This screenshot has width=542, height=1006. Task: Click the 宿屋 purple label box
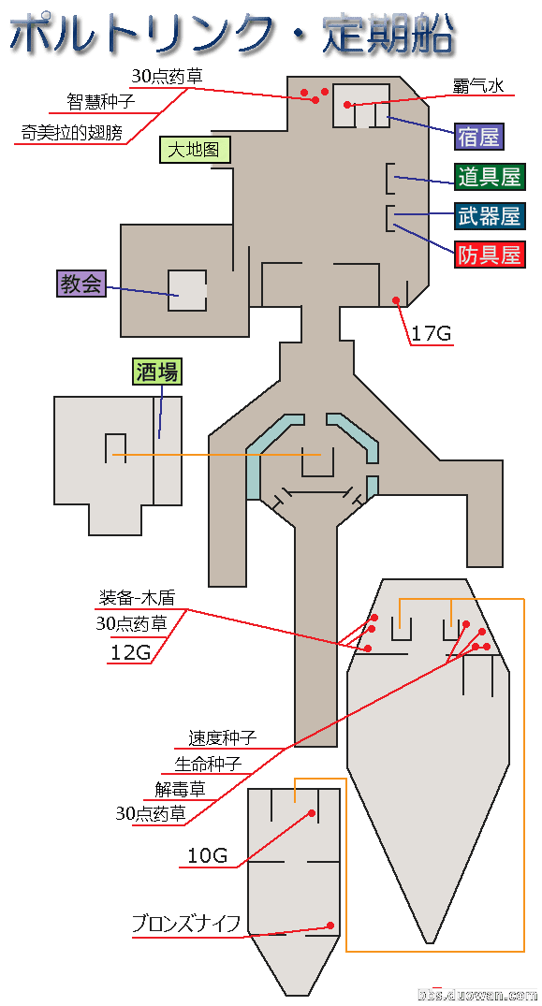click(x=478, y=137)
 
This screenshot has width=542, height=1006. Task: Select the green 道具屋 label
click(x=490, y=177)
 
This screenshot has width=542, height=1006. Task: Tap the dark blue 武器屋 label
click(x=490, y=215)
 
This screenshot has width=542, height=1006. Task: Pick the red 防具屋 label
click(x=490, y=255)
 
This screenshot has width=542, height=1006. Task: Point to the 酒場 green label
click(x=157, y=372)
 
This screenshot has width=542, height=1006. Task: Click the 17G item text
click(x=432, y=334)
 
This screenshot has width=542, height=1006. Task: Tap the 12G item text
click(x=130, y=652)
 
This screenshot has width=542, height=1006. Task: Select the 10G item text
click(x=207, y=854)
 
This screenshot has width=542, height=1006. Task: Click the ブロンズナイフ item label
click(x=186, y=925)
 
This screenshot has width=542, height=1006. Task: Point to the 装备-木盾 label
click(x=137, y=598)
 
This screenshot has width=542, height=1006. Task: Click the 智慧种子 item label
click(x=101, y=102)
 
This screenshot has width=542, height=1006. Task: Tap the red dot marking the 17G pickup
click(x=396, y=299)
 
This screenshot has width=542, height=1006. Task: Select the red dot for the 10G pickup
click(x=312, y=813)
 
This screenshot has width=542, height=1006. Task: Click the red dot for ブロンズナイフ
click(x=330, y=926)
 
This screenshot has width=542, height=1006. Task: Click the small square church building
click(x=186, y=291)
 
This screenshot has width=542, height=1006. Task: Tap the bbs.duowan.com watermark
click(x=476, y=995)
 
